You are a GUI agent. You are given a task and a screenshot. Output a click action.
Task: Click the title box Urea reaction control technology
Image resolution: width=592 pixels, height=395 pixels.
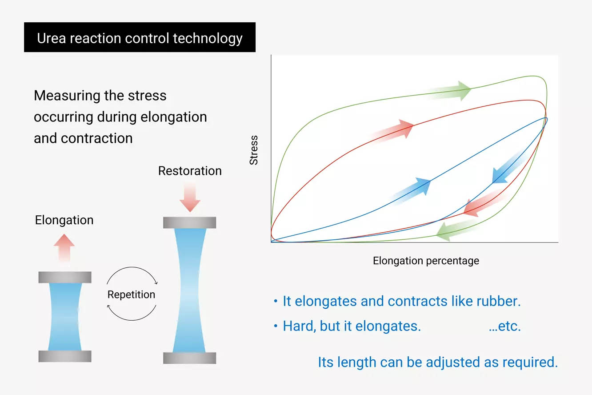click(x=140, y=37)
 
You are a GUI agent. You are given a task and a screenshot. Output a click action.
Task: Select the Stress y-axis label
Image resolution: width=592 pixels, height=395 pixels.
click(x=254, y=151)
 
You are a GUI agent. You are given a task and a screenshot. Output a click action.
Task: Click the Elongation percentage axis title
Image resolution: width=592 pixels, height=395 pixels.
click(x=426, y=261)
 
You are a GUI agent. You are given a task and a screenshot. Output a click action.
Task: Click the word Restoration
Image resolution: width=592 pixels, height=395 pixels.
click(x=190, y=171)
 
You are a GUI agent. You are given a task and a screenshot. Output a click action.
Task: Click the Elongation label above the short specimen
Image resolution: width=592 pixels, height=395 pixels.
click(x=64, y=220)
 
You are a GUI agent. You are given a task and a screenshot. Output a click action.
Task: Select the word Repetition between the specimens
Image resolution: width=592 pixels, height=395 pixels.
click(x=131, y=294)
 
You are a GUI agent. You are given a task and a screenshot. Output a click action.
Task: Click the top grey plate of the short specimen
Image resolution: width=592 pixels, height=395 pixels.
click(x=65, y=277)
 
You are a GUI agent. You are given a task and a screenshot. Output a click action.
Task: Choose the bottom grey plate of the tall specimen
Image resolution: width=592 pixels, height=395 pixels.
click(x=189, y=358)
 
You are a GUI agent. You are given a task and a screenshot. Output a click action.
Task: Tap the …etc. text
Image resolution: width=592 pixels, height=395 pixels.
click(x=504, y=326)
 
